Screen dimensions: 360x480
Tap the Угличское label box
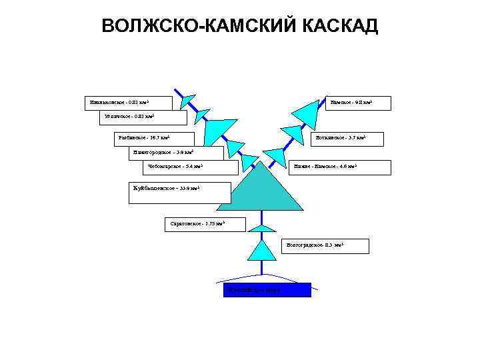pyautogui.click(x=143, y=118)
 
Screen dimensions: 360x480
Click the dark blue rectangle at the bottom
pyautogui.click(x=267, y=289)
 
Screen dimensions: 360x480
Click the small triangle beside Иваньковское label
pyautogui.click(x=187, y=101)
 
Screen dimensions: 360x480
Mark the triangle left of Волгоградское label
pyautogui.click(x=261, y=250)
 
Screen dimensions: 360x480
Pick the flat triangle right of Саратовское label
pyautogui.click(x=261, y=227)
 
